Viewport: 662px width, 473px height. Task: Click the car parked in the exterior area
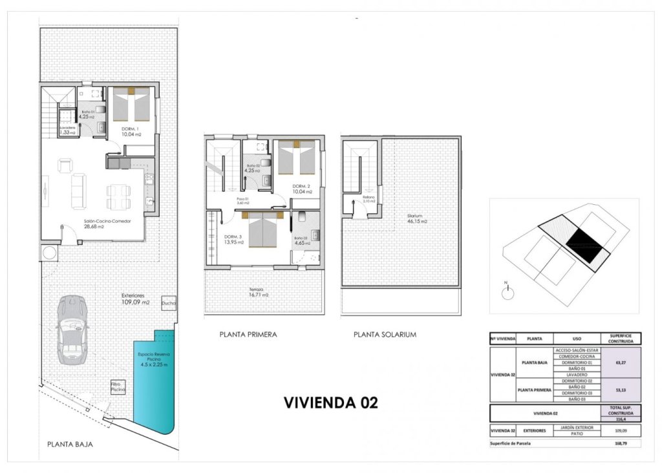[x=72, y=330]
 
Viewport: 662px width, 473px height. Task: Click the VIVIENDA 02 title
[x=330, y=403]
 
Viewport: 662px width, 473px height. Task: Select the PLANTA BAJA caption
[x=70, y=445]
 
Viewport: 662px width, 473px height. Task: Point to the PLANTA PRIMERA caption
[x=248, y=335]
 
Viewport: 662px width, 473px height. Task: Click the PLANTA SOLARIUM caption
[x=385, y=335]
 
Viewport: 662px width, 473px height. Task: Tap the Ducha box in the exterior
[x=169, y=302]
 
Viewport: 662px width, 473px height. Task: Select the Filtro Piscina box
[x=118, y=386]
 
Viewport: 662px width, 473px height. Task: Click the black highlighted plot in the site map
[x=584, y=242]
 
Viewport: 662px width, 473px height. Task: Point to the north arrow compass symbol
[x=509, y=291]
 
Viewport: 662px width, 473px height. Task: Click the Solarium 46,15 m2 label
[x=417, y=218]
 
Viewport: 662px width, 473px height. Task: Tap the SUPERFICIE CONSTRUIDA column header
[x=621, y=338]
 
